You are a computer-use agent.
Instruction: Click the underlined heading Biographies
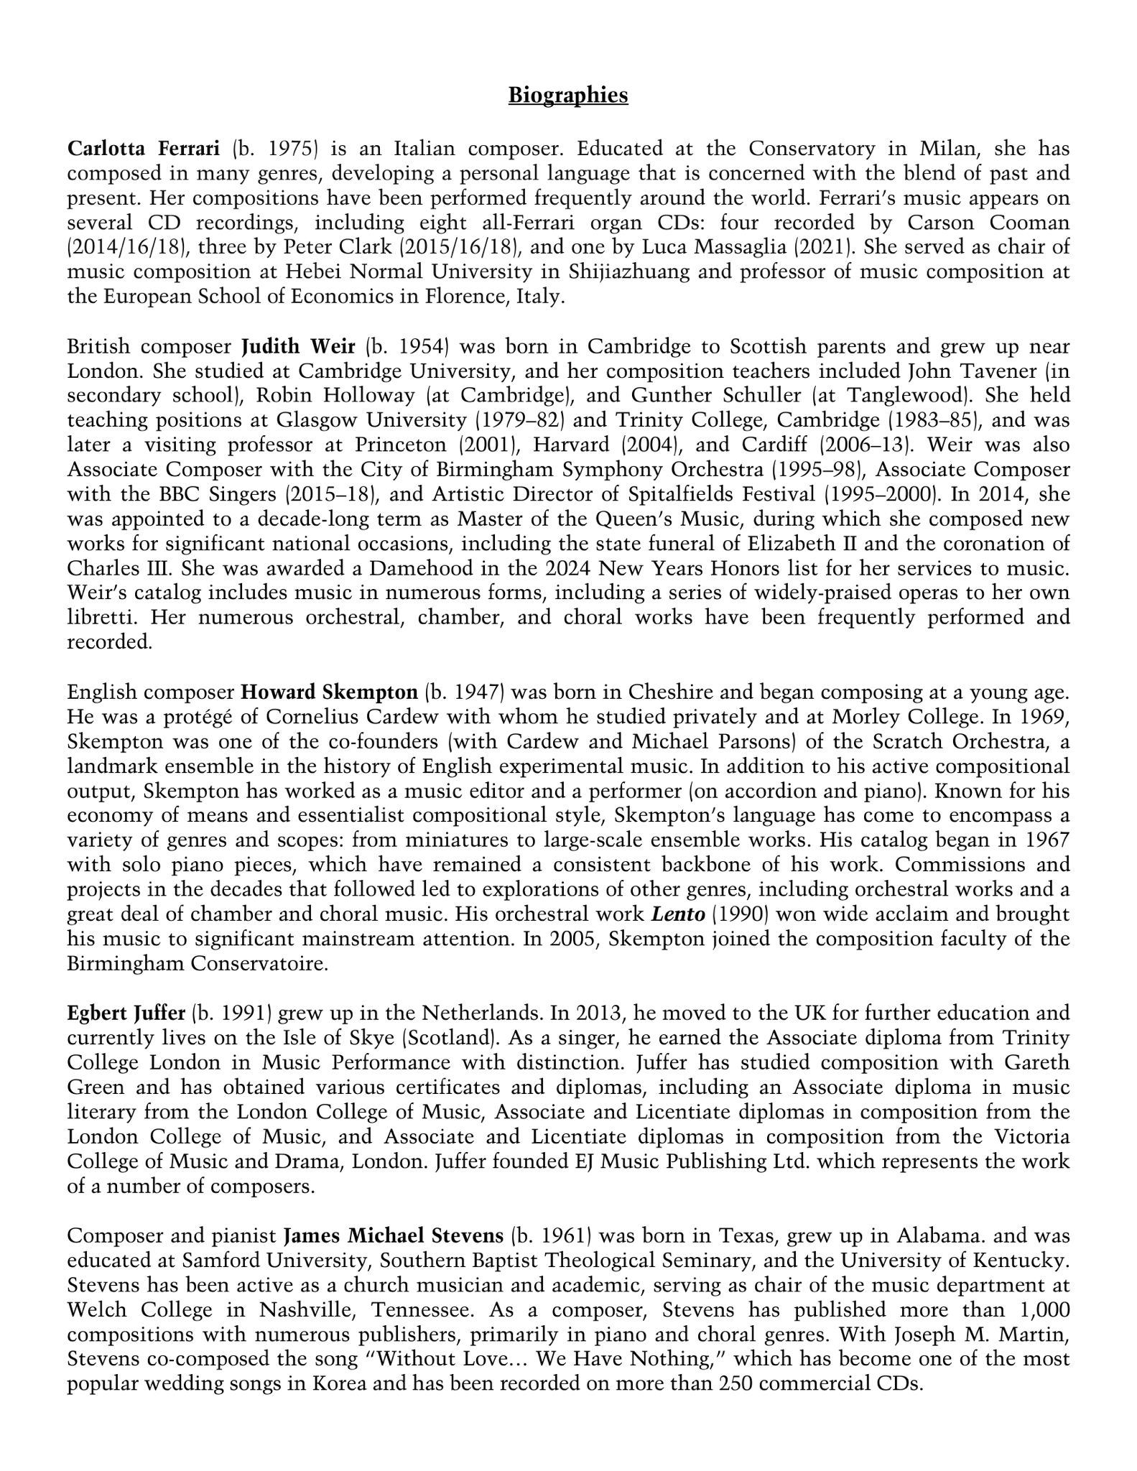568,96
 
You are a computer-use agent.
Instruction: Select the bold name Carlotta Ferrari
144,149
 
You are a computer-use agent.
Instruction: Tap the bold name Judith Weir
298,346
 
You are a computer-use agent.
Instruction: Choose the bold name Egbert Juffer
126,1013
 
